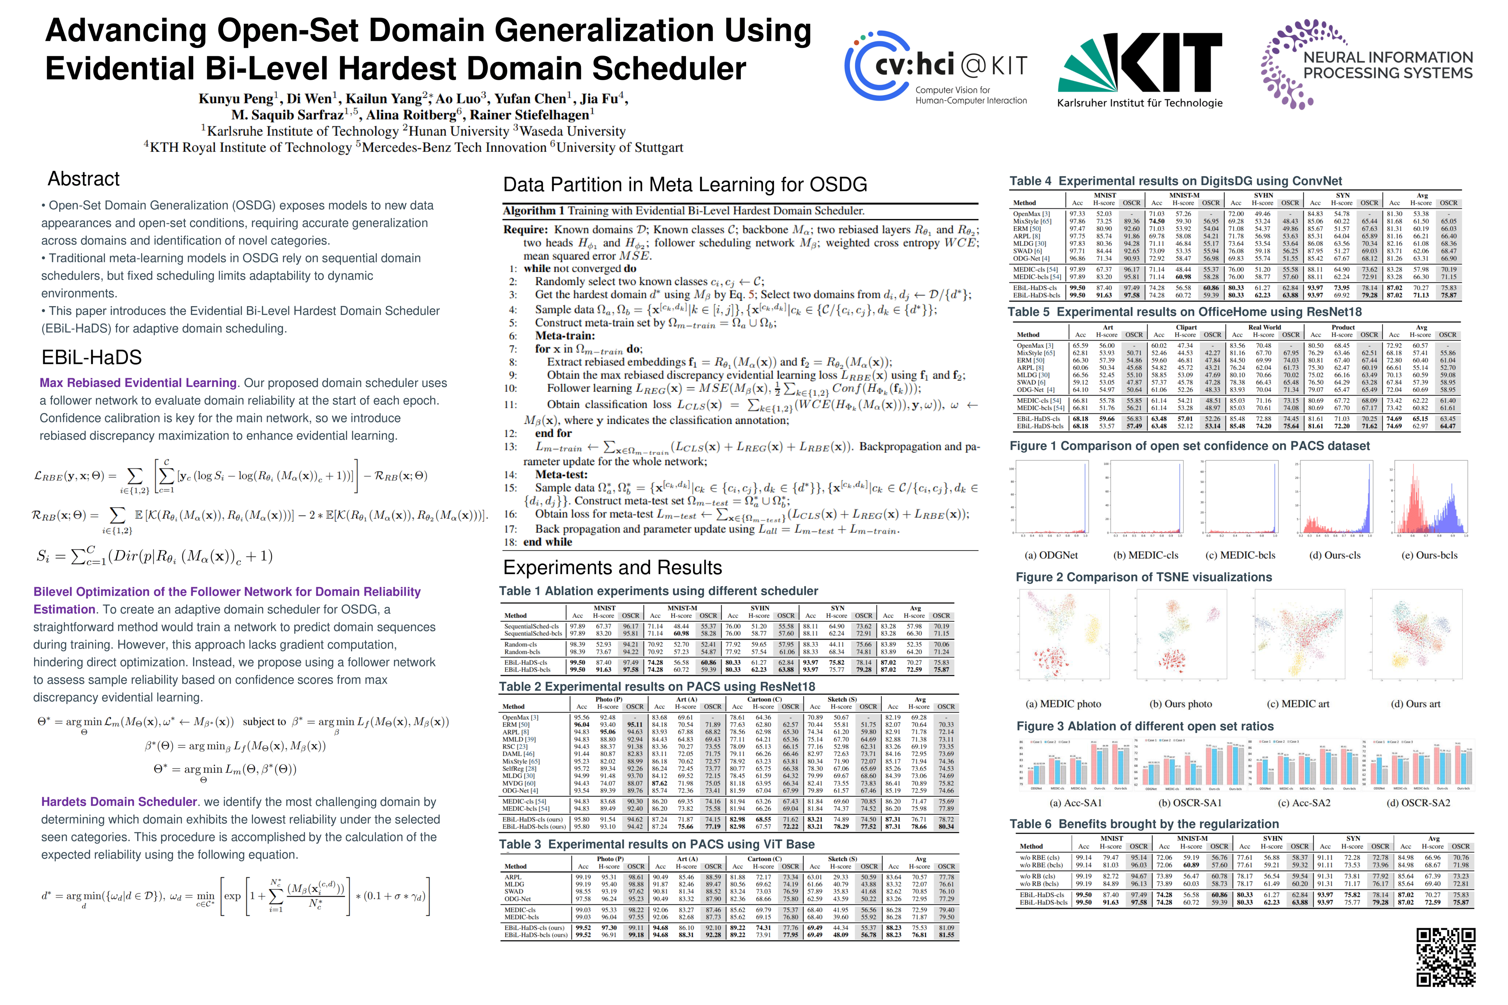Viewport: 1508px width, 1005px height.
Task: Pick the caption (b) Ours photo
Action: (x=1180, y=704)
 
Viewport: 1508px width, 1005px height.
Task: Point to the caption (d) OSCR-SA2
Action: (x=1418, y=803)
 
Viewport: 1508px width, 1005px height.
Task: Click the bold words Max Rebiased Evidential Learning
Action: (x=138, y=383)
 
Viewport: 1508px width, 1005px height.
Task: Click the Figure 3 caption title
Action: (x=1145, y=726)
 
